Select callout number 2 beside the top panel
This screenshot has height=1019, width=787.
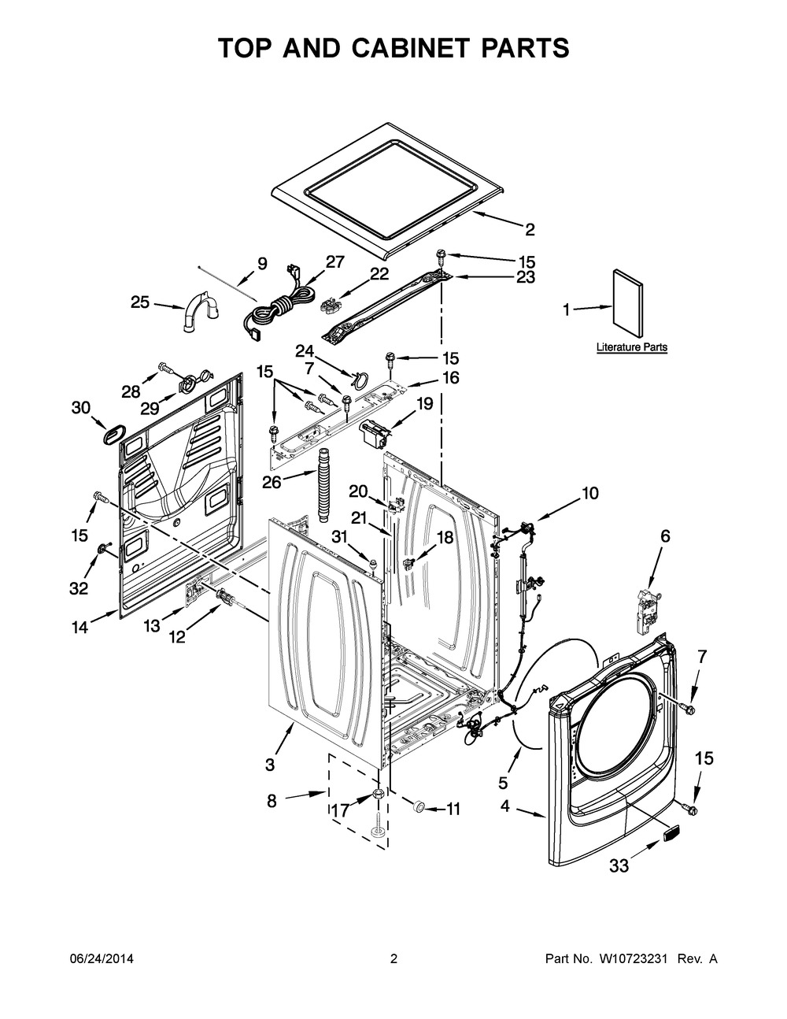point(530,229)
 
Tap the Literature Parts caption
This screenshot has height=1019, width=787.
point(631,346)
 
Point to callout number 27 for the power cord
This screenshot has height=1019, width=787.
point(334,263)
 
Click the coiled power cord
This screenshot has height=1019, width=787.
point(276,309)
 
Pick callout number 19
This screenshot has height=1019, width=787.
point(424,404)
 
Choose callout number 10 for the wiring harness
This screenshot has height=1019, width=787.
point(589,494)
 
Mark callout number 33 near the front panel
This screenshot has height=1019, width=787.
point(619,865)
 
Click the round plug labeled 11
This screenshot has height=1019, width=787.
point(418,806)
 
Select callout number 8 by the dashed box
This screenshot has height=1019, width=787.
point(272,801)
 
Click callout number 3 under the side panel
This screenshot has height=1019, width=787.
point(270,763)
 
